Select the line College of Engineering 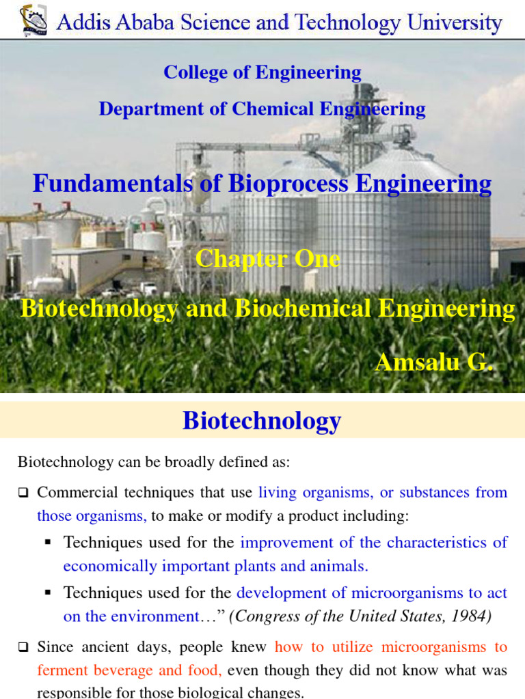[x=262, y=72]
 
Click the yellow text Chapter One [x=267, y=259]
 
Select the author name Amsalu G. [x=433, y=362]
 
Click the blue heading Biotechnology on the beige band [x=262, y=420]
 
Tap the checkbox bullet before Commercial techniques [x=23, y=493]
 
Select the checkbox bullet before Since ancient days [x=23, y=647]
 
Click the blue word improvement [x=281, y=543]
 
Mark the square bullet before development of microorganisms [x=48, y=593]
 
